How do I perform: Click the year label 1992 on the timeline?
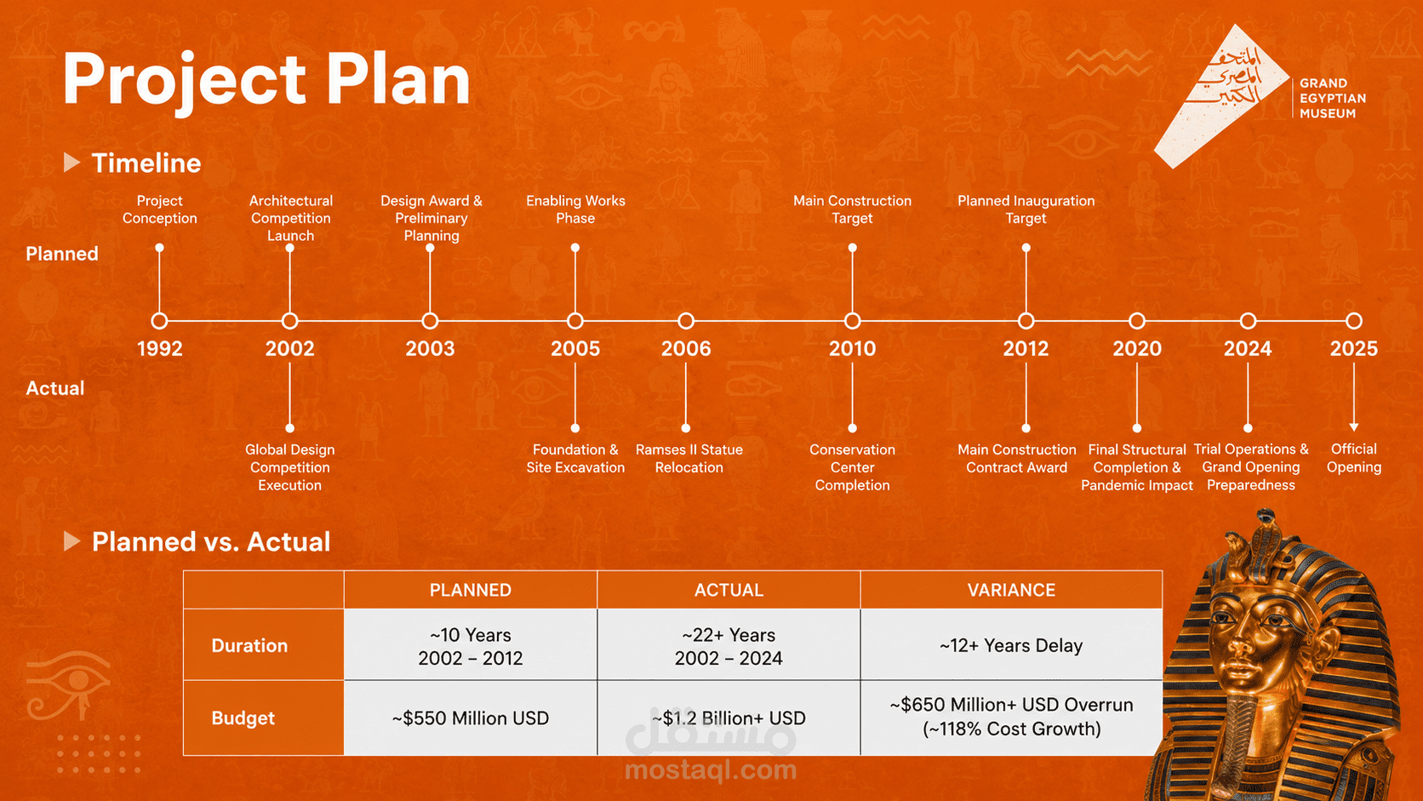pyautogui.click(x=160, y=348)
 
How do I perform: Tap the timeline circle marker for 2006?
pyautogui.click(x=686, y=321)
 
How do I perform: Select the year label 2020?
pyautogui.click(x=1137, y=348)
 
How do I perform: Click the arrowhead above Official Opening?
pyautogui.click(x=1354, y=426)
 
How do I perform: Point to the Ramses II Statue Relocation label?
pyautogui.click(x=689, y=459)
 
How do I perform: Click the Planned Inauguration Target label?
pyautogui.click(x=1026, y=209)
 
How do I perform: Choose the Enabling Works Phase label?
pyautogui.click(x=575, y=209)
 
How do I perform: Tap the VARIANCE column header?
pyautogui.click(x=1011, y=590)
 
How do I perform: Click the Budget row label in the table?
pyautogui.click(x=243, y=718)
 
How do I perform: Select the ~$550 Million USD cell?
pyautogui.click(x=470, y=718)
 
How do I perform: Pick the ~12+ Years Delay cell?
pyautogui.click(x=1011, y=645)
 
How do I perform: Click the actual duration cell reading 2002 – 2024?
pyautogui.click(x=729, y=658)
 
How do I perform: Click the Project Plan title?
pyautogui.click(x=266, y=79)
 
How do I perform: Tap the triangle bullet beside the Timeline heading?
pyautogui.click(x=71, y=163)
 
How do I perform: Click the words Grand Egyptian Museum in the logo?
pyautogui.click(x=1332, y=99)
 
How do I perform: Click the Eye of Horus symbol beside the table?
pyautogui.click(x=69, y=686)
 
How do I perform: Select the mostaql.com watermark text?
pyautogui.click(x=711, y=770)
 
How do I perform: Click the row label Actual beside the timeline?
pyautogui.click(x=54, y=388)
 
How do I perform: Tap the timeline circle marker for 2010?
pyautogui.click(x=853, y=321)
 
